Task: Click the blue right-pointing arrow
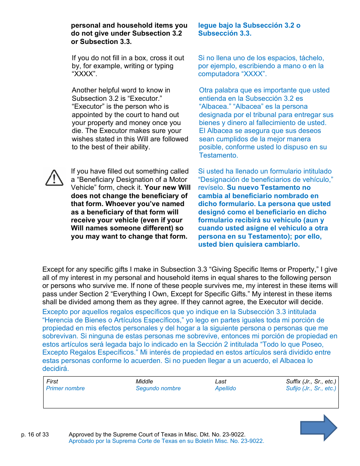coord(318,428)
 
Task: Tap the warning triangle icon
coord(55,178)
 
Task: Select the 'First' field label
coord(52,382)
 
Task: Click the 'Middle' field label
coord(144,382)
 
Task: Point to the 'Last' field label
coord(221,382)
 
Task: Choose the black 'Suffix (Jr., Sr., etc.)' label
coord(311,382)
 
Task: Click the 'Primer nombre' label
coord(65,388)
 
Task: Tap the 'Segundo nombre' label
coord(158,388)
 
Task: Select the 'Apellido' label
coord(225,388)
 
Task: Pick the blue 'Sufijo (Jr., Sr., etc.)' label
coord(311,388)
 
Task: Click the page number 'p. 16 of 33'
coord(35,435)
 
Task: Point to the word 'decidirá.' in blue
coord(56,369)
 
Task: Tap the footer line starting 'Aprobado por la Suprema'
coord(166,441)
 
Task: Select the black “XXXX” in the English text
coord(84,74)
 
